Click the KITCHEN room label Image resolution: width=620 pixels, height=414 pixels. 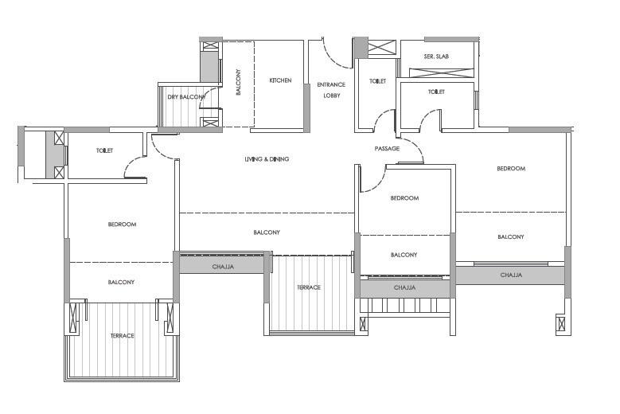click(x=280, y=80)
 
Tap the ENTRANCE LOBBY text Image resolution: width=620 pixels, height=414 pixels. click(x=331, y=89)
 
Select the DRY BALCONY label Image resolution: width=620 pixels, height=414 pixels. click(x=185, y=97)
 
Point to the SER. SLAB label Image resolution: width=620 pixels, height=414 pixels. click(x=436, y=57)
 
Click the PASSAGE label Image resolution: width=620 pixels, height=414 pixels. click(x=387, y=149)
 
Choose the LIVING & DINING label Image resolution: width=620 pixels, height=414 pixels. click(x=267, y=159)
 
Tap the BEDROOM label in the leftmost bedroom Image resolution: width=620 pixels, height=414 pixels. click(x=122, y=225)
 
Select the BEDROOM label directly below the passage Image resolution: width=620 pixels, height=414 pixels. click(x=404, y=198)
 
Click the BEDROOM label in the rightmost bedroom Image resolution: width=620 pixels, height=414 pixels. click(x=511, y=169)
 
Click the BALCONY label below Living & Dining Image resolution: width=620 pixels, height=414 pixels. click(x=267, y=232)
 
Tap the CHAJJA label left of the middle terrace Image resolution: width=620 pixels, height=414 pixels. click(x=223, y=267)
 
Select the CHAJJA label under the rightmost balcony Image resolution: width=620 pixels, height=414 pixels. click(x=511, y=275)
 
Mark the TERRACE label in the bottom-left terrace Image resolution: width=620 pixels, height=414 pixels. click(x=122, y=336)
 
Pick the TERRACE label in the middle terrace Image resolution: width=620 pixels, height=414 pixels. click(x=309, y=287)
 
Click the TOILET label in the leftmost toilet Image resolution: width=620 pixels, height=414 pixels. click(x=104, y=150)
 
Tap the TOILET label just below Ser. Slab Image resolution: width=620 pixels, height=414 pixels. click(x=436, y=92)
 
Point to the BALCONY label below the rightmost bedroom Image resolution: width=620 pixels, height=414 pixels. click(x=511, y=236)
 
